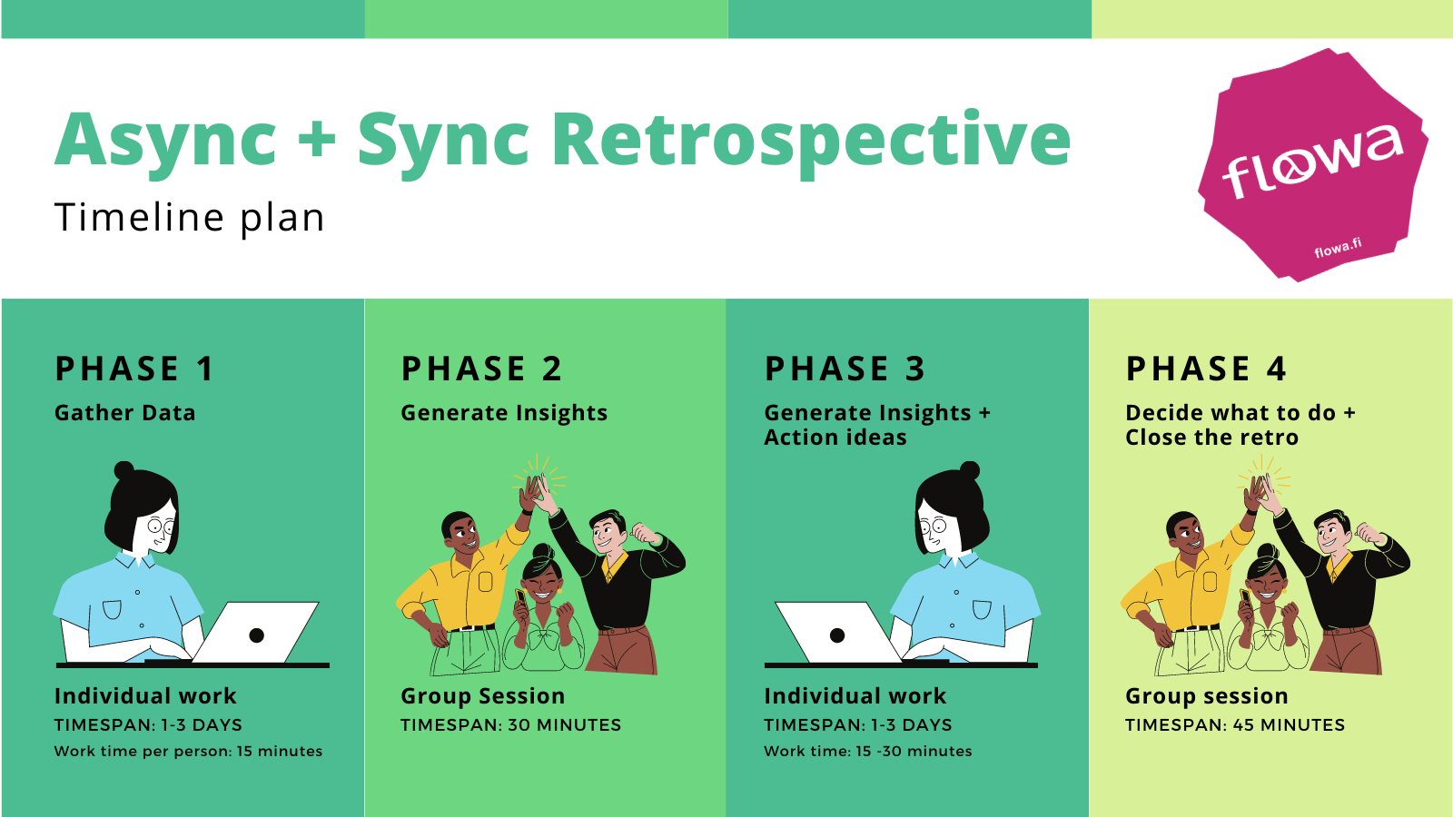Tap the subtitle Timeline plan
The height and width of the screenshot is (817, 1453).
190,218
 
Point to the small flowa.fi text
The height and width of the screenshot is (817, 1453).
1338,247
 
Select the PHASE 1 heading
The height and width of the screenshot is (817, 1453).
134,369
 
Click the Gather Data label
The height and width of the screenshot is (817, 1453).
125,413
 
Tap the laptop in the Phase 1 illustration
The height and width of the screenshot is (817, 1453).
256,633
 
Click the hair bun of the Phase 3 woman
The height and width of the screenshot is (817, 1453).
970,470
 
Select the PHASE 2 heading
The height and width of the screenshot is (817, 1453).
481,369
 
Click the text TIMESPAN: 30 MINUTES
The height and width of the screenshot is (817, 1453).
511,725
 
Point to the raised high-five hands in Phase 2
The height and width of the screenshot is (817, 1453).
536,493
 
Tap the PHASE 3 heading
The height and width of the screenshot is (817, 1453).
845,369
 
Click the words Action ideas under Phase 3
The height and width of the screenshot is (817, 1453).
835,438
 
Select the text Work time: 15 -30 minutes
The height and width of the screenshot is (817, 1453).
868,752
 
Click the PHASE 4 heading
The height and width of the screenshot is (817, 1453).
1206,369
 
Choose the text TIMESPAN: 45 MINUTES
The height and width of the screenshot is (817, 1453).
1235,725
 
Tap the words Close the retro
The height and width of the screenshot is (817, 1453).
1212,438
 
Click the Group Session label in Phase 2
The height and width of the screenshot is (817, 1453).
483,696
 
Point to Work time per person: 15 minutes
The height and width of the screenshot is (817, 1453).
188,752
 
